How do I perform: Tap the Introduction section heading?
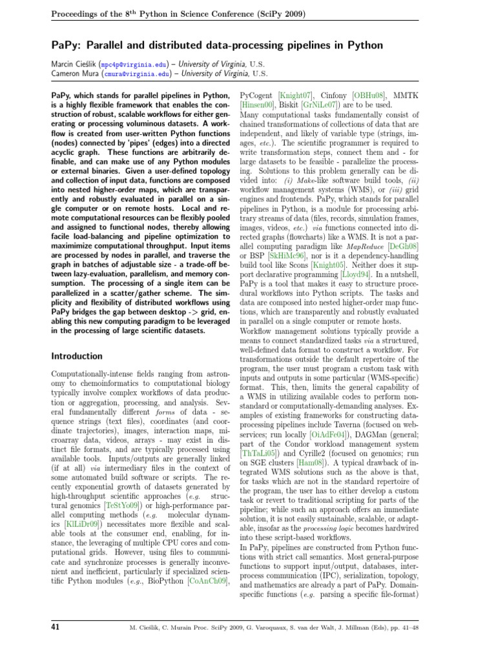click(76, 356)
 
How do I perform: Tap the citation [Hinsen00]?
click(257, 104)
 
